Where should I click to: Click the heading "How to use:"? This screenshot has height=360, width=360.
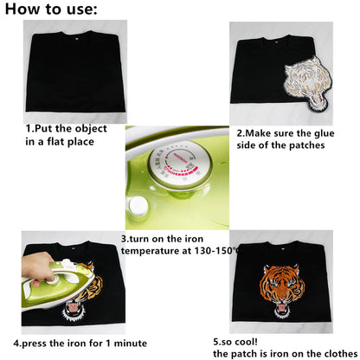click(x=51, y=9)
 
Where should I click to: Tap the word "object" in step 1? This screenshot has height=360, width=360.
click(x=91, y=129)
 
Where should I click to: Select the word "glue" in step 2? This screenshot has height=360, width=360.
click(x=324, y=133)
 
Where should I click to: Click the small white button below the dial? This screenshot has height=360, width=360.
click(x=138, y=206)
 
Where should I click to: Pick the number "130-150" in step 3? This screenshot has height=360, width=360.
click(x=214, y=251)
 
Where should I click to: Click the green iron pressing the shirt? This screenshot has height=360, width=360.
click(x=58, y=286)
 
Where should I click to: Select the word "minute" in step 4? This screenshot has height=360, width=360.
click(x=131, y=344)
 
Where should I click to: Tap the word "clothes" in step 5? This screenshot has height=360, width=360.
click(x=341, y=354)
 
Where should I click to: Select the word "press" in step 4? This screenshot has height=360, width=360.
click(x=35, y=344)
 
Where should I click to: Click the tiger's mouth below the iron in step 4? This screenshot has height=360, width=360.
click(x=74, y=308)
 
